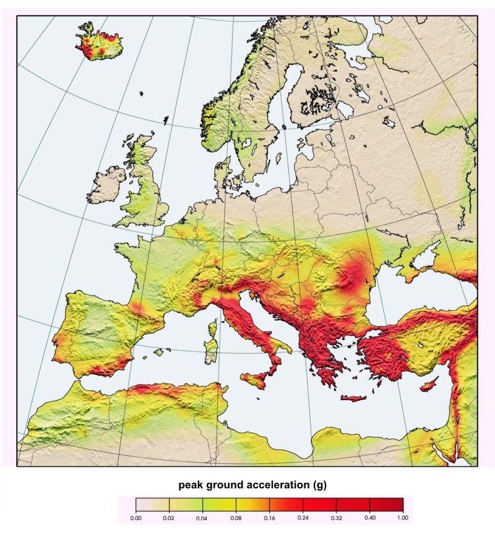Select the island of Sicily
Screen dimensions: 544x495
pos(255,380)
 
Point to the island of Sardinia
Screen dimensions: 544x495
pos(212,351)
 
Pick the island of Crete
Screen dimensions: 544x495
pos(353,397)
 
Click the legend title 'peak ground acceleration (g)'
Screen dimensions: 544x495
pos(252,485)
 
